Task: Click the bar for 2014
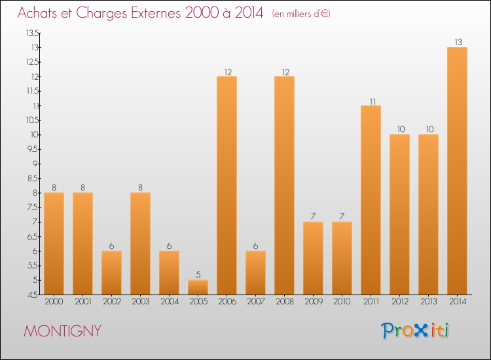coord(457,171)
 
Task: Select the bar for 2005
coord(198,287)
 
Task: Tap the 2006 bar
coord(227,186)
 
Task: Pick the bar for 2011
coord(371,200)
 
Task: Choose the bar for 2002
coord(111,273)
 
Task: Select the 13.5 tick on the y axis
coord(32,33)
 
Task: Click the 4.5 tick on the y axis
coord(32,295)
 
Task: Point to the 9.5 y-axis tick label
coord(32,149)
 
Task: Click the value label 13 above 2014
coord(457,43)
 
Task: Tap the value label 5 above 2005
coord(198,275)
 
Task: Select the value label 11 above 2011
coord(371,101)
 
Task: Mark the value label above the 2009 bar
coord(313,217)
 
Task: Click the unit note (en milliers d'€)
coord(300,14)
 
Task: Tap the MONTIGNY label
coord(62,331)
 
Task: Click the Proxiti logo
coord(415,330)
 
